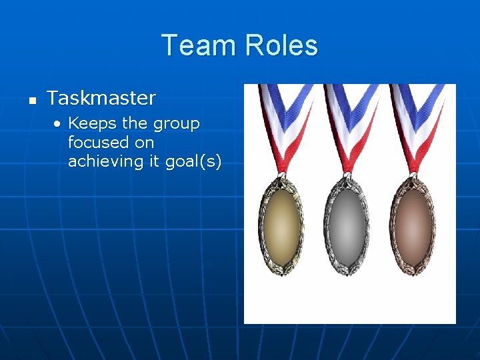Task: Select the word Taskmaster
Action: [101, 98]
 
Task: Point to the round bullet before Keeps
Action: [59, 124]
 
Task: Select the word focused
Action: [98, 142]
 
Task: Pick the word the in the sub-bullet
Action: [134, 123]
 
